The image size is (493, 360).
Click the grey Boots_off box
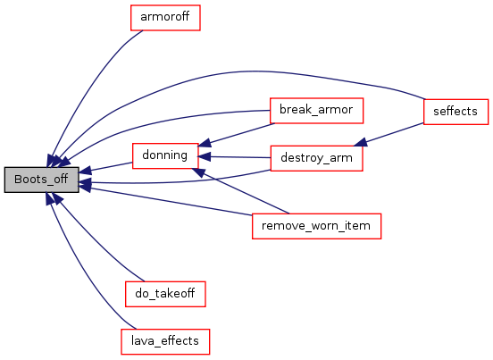[x=41, y=180]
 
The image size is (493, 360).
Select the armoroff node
[x=165, y=18]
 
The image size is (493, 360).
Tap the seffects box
[x=455, y=112]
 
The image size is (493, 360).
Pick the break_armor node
[x=317, y=111]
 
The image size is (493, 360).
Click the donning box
[x=165, y=156]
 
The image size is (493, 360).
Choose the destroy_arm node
[x=317, y=158]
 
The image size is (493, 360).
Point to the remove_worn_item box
[x=317, y=226]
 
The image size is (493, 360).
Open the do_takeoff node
[x=165, y=294]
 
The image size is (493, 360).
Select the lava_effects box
[x=165, y=342]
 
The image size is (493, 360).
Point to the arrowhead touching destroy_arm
[x=361, y=142]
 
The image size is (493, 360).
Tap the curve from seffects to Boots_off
[x=239, y=71]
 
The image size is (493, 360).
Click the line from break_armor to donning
[x=237, y=134]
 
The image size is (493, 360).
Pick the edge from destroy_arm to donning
[x=235, y=157]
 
